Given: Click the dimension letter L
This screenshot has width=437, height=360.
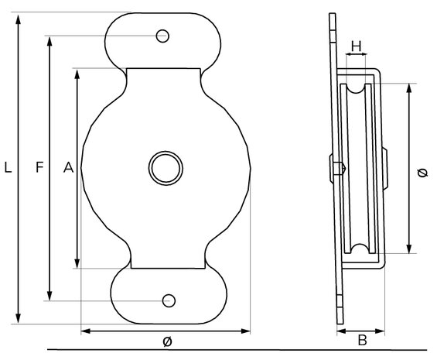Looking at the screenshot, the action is [x=8, y=167].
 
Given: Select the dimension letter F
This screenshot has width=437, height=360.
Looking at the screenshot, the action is [x=40, y=167].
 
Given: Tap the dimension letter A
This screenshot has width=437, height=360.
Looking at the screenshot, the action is [x=69, y=167].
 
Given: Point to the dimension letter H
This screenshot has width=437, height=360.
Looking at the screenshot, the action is [x=357, y=46].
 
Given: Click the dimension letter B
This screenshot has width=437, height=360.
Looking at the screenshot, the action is [x=362, y=341].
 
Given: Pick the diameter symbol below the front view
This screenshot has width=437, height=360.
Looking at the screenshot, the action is [x=167, y=341].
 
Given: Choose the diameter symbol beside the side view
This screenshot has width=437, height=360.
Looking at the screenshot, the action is [x=423, y=173].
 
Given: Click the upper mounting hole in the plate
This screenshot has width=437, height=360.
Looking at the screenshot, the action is [x=162, y=36].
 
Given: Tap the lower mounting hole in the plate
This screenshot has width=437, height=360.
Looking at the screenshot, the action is [x=169, y=301].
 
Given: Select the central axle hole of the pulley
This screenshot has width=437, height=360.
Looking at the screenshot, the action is [x=166, y=168].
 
